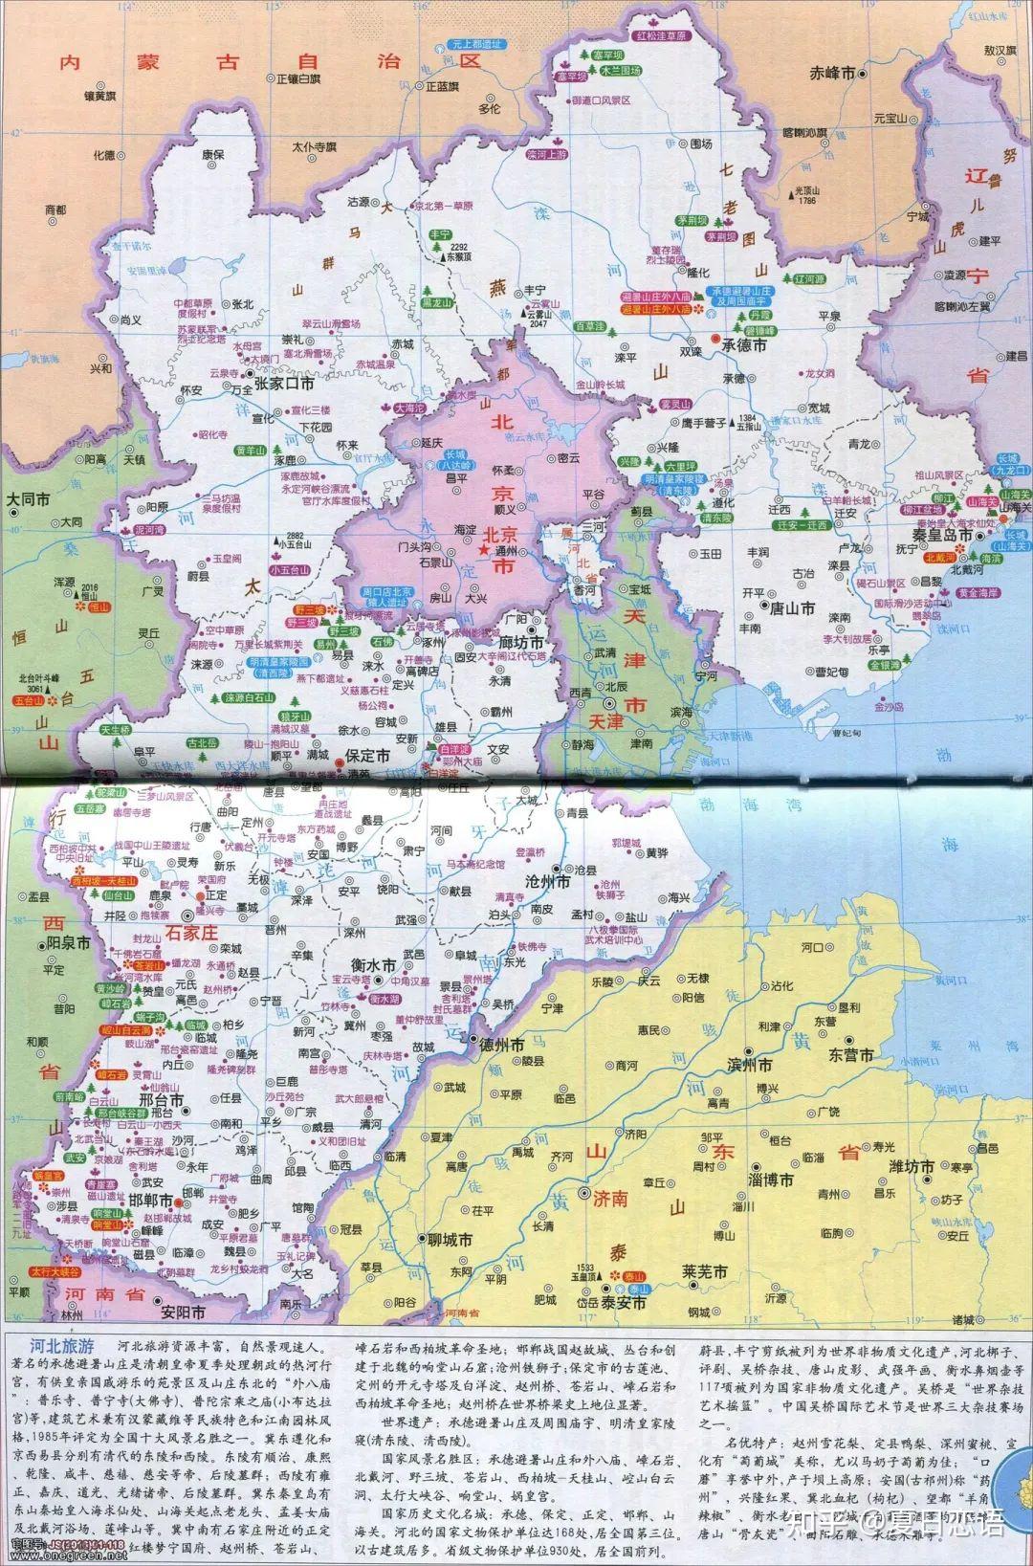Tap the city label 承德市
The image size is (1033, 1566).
click(x=752, y=344)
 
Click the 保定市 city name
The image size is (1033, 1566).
click(x=367, y=756)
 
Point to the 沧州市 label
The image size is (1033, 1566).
click(x=548, y=881)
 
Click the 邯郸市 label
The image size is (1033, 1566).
click(x=152, y=1201)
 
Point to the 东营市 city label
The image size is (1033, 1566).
click(x=850, y=1055)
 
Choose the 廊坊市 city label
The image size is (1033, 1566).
click(x=522, y=641)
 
